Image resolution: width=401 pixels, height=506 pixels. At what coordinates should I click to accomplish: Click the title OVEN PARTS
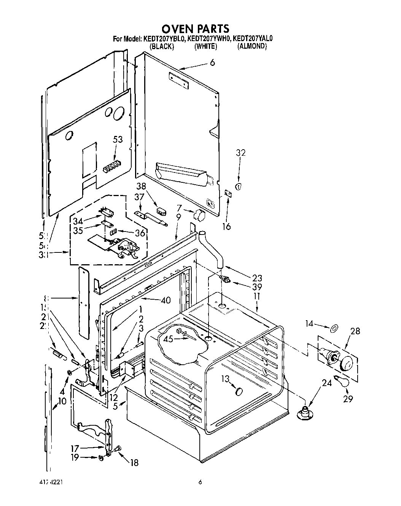(x=196, y=29)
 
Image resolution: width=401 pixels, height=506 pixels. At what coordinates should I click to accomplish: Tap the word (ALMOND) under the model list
(x=252, y=46)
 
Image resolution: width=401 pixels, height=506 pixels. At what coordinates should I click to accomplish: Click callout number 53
(x=118, y=140)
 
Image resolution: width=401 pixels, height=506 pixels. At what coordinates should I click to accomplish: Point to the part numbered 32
(x=239, y=187)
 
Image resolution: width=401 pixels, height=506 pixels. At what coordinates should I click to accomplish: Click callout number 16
(x=227, y=227)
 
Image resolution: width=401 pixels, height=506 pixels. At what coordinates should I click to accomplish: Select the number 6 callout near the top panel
(x=212, y=62)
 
